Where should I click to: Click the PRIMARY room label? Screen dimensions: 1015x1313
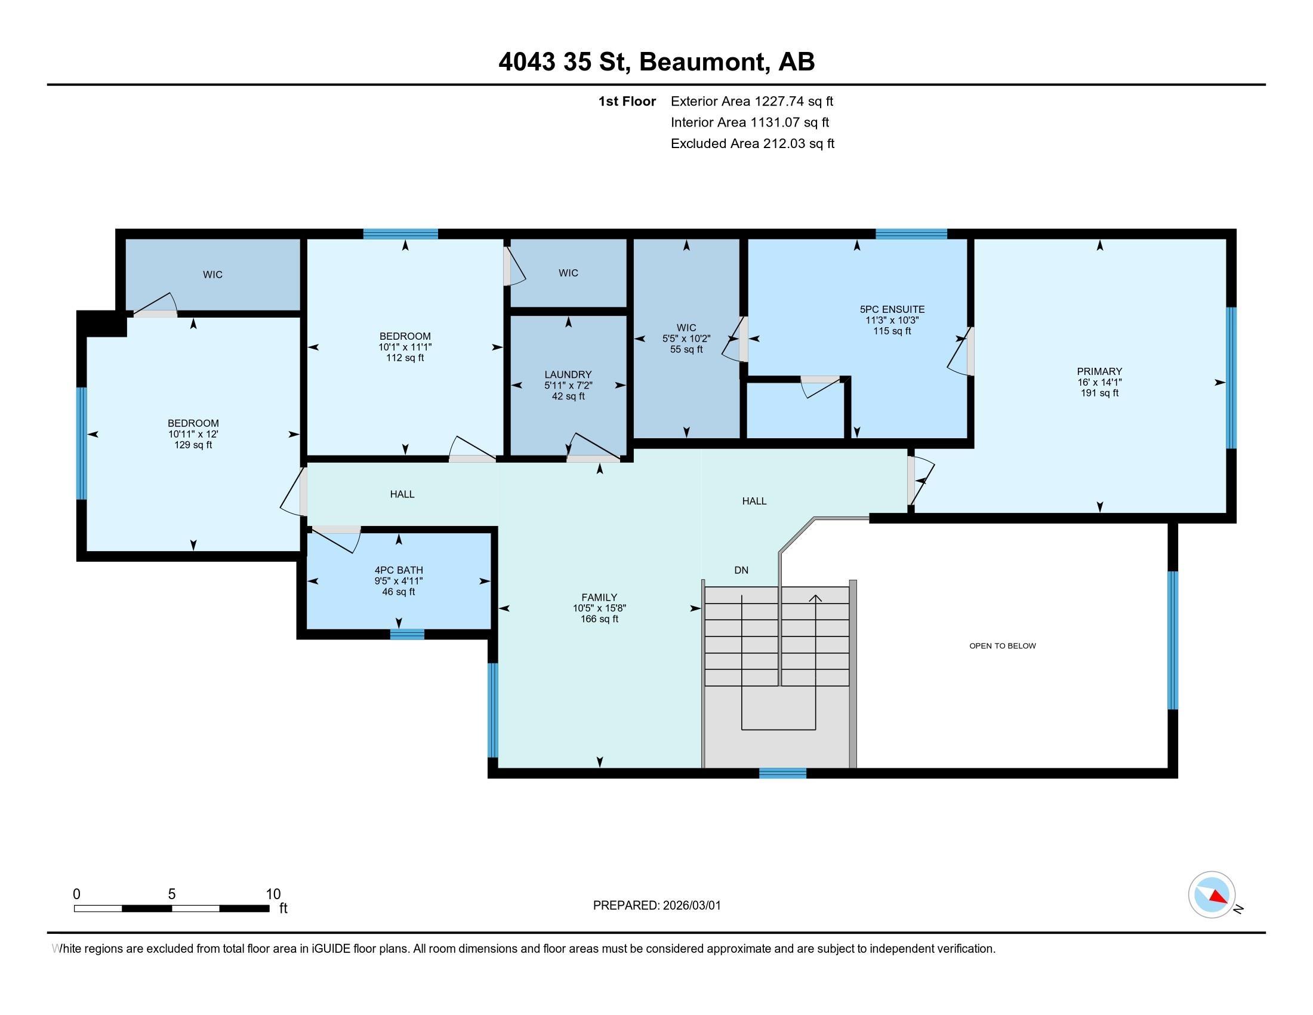click(x=1099, y=371)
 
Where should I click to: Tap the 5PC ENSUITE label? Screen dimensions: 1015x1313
click(x=892, y=309)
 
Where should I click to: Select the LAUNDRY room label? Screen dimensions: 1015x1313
click(x=568, y=374)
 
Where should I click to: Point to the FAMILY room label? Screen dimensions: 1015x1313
click(x=599, y=597)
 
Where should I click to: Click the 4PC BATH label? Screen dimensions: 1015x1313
click(x=399, y=570)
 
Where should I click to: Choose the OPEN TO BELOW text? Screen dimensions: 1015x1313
click(x=1002, y=646)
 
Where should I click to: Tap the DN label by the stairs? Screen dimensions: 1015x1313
click(x=741, y=570)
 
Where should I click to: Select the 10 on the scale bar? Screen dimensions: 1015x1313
click(x=273, y=894)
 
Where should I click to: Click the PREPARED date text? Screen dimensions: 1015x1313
click(x=656, y=906)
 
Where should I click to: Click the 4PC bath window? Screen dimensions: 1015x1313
click(x=407, y=633)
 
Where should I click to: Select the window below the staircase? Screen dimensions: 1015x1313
click(x=782, y=773)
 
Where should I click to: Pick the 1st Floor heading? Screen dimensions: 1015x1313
click(x=627, y=101)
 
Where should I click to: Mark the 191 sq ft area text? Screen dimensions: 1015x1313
click(x=1099, y=393)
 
